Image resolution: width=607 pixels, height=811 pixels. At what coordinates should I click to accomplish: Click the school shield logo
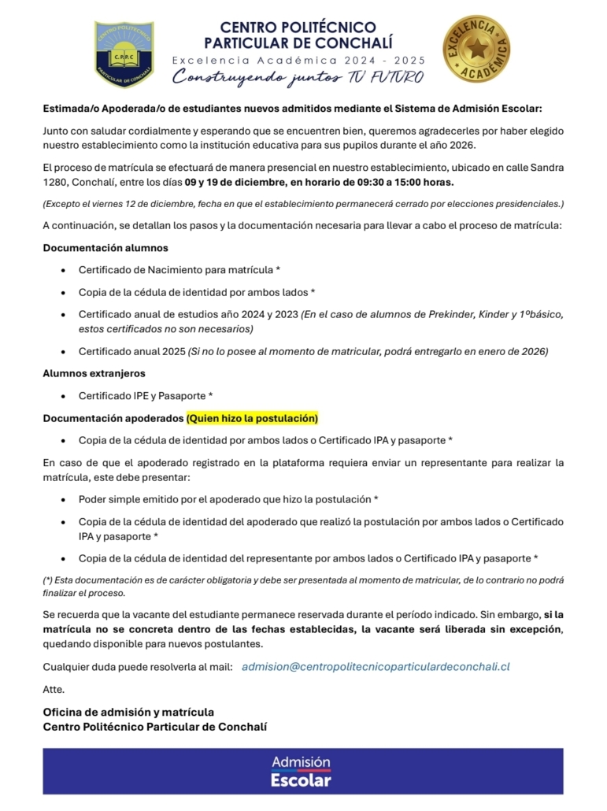point(124,54)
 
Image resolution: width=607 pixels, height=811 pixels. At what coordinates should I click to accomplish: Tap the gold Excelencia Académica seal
point(476,49)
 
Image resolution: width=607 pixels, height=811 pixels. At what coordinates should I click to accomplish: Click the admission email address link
point(376,666)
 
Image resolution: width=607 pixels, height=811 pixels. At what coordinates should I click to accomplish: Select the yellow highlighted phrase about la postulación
point(252,417)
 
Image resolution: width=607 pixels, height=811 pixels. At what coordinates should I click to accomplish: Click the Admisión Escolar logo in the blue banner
point(301,771)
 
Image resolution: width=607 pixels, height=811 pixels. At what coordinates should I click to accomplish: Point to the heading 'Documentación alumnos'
point(105,248)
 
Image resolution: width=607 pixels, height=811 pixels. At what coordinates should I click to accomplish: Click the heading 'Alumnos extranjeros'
point(94,373)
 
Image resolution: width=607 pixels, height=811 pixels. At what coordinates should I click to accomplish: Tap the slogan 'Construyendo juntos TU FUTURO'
point(298,76)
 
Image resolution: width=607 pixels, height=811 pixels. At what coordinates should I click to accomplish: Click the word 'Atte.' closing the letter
point(54,689)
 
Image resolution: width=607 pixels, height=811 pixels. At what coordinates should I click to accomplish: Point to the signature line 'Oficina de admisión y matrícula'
point(128,712)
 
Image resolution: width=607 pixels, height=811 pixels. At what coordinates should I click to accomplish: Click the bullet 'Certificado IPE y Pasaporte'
point(146,395)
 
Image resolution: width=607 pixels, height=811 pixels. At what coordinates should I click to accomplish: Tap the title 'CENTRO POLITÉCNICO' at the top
point(298,28)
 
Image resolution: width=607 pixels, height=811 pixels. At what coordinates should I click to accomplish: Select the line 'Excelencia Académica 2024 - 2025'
point(298,60)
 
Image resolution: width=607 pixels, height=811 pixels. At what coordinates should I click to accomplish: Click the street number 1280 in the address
point(56,183)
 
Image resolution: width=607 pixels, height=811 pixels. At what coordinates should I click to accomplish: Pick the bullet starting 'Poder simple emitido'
point(228,499)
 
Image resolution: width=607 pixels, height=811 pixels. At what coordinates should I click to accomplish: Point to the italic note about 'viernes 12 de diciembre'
point(303,204)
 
